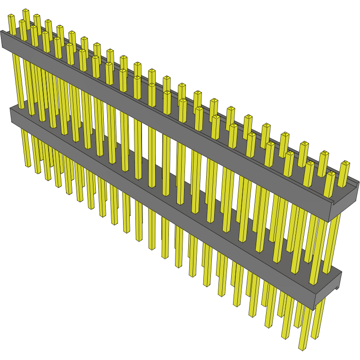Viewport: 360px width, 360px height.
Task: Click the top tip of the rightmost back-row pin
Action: pyautogui.click(x=346, y=163)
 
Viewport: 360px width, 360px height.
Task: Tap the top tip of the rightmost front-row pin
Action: pyautogui.click(x=330, y=175)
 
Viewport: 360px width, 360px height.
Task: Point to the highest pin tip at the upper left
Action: pyautogui.click(x=25, y=11)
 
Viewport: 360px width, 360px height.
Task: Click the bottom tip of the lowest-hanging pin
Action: pyautogui.click(x=302, y=348)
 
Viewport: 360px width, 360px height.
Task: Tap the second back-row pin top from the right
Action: pyautogui.click(x=324, y=154)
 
